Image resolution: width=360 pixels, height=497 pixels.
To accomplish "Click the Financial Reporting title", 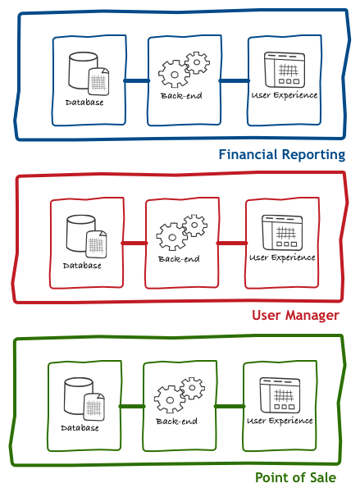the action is coord(282,155).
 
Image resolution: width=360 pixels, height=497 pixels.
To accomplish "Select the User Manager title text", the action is coord(295,316).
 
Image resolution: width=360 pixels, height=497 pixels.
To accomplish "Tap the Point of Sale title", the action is coord(295,477).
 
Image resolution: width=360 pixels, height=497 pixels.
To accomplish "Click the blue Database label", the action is coord(84,103).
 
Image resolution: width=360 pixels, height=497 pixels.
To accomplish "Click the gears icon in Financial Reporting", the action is coord(184,70).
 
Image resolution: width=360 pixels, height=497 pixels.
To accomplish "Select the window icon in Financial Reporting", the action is coord(285,70).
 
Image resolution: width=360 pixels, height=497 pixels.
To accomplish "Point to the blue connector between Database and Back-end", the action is coord(137,81).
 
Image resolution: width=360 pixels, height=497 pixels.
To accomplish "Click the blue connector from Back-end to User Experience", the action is coord(235,81).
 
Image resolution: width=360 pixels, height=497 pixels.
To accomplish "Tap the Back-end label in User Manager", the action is coord(179,259).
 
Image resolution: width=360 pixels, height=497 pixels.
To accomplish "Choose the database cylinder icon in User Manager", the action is coord(86,236).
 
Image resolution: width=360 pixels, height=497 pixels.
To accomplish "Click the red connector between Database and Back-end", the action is coord(134,244).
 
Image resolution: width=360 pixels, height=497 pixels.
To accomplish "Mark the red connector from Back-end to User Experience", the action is coord(232,244).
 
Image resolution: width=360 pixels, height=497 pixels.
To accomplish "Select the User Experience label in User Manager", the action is coord(282,258).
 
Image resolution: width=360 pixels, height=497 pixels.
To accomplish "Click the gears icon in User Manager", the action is coord(181,232).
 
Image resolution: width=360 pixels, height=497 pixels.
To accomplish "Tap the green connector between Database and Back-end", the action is coord(132,406).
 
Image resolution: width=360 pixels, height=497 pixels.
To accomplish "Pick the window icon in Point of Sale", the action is coord(280,395).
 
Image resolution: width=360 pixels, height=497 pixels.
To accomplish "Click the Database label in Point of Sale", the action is coord(80,428).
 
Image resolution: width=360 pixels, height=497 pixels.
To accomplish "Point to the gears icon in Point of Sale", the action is coord(180,395).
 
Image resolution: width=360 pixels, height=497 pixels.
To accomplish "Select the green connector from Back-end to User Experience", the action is coord(230,406).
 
